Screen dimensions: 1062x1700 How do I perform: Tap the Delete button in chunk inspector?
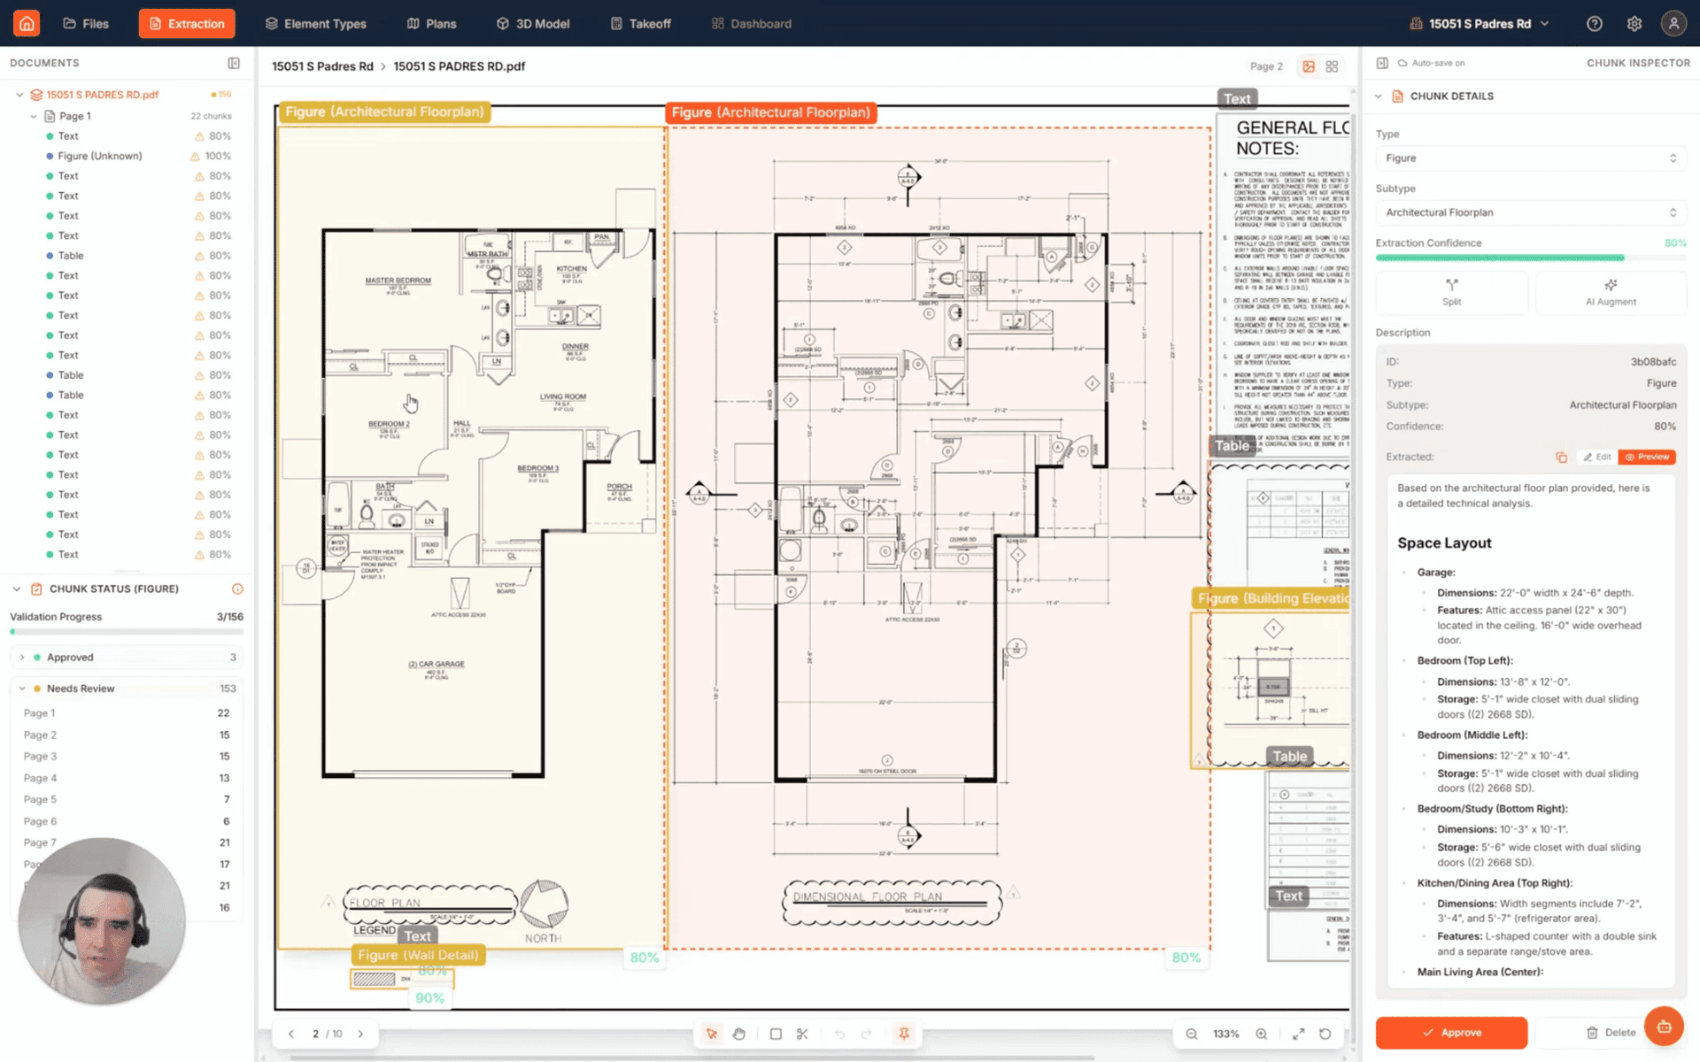[1611, 1032]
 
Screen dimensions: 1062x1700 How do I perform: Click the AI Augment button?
[1610, 292]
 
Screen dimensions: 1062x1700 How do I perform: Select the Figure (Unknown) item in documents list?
[99, 156]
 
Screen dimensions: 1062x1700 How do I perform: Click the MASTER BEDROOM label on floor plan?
[398, 281]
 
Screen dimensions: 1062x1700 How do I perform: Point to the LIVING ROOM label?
[562, 396]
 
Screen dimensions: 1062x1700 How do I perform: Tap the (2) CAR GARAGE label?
[436, 664]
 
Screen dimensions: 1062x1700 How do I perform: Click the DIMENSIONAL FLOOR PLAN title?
[867, 897]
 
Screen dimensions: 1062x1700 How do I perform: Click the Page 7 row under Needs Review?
[40, 843]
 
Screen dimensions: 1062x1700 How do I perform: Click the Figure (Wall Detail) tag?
[418, 955]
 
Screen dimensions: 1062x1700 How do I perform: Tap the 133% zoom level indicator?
[1225, 1034]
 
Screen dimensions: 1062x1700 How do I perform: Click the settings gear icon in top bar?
[1634, 24]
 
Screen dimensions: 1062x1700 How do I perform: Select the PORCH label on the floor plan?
[619, 487]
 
